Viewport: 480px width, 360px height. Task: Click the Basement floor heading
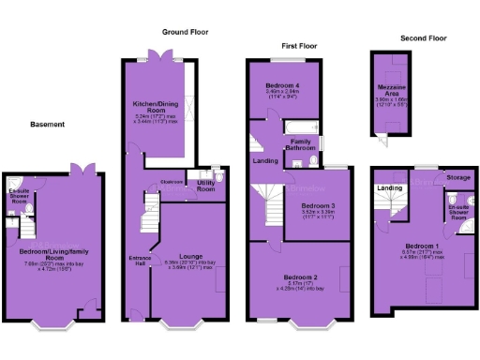click(x=47, y=124)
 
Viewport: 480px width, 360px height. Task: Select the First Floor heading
click(x=299, y=45)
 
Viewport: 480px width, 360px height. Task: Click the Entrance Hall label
click(x=140, y=259)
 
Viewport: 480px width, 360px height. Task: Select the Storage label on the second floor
click(x=457, y=177)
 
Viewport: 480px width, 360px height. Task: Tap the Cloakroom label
click(x=171, y=182)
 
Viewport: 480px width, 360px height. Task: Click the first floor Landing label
click(x=264, y=160)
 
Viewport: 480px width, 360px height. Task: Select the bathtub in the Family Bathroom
click(x=302, y=127)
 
